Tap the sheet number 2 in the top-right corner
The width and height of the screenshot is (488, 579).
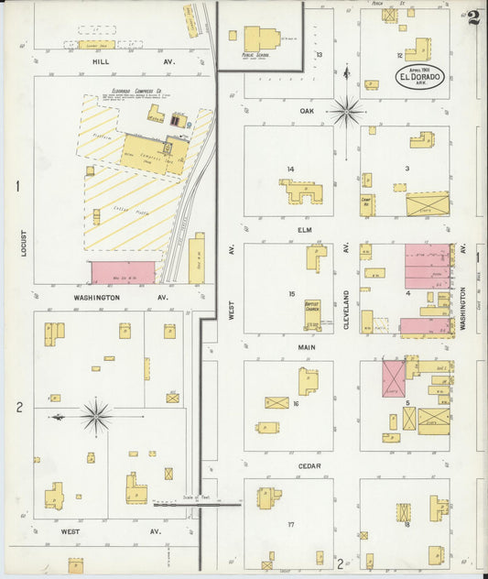472,18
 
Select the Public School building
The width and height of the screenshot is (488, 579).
262,39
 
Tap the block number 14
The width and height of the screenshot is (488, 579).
290,169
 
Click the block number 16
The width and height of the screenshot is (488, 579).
296,403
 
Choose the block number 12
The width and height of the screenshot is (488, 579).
398,56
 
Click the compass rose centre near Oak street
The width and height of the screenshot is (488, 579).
347,112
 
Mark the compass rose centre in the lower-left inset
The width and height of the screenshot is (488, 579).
95,416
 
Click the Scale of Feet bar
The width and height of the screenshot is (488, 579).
197,504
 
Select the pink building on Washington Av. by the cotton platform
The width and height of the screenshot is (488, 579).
123,272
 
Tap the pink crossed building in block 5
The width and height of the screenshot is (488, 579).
394,377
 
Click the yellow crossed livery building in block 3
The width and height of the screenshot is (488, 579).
427,203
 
